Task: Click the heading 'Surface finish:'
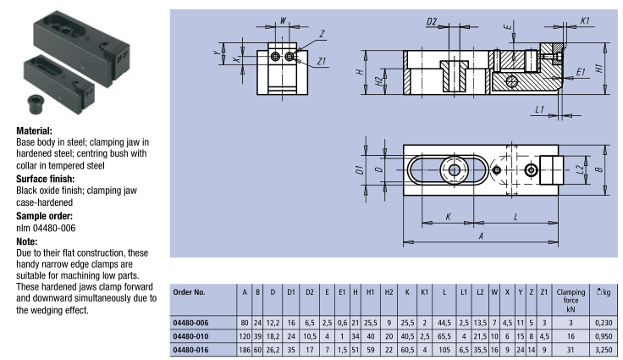[47, 180]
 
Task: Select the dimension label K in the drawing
[448, 217]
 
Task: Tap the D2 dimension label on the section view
[432, 20]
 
